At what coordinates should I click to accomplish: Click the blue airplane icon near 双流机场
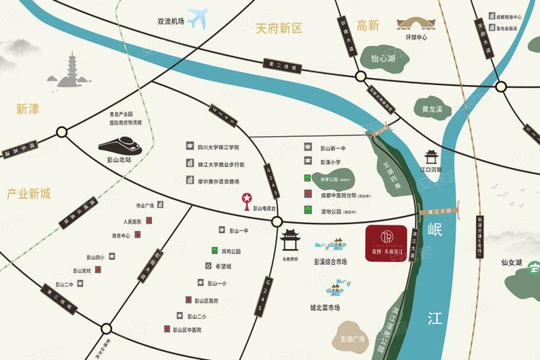tap(197, 17)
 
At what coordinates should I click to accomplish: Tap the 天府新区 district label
tap(279, 29)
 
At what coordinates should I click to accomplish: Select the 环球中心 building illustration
tap(416, 25)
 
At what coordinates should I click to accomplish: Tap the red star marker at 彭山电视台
tap(246, 198)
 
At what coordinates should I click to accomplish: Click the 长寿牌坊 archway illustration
tap(291, 239)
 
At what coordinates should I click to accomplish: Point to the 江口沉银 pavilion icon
tap(431, 158)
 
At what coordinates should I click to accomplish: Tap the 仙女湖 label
tap(511, 263)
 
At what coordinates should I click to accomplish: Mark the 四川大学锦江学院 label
tap(218, 147)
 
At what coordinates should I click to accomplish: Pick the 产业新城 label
tap(29, 194)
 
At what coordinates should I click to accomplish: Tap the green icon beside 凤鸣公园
tap(215, 251)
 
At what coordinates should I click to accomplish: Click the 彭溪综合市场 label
tap(330, 262)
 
